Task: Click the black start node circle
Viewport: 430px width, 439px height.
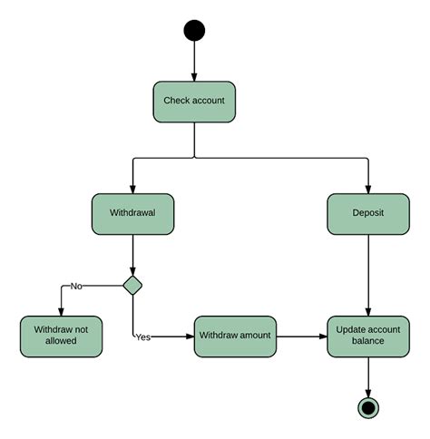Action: (194, 31)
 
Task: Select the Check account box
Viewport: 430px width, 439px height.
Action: (194, 102)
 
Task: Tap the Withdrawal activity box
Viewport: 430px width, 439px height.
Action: (132, 214)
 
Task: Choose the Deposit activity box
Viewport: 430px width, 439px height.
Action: (367, 214)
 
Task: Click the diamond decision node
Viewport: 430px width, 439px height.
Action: (133, 286)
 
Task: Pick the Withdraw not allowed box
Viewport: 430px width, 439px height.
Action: (61, 336)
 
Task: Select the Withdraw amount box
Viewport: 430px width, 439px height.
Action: (235, 336)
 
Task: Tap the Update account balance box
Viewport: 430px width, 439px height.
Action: (367, 336)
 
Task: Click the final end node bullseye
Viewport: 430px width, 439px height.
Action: (367, 407)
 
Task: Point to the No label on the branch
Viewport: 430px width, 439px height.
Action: (76, 286)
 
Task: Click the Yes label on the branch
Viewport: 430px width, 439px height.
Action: (142, 337)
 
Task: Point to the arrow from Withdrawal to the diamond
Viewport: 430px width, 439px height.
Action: (133, 254)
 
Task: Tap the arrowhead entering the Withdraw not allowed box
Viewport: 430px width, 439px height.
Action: (61, 310)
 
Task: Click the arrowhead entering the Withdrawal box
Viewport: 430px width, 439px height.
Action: (133, 188)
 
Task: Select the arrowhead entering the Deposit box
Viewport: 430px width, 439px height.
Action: (367, 188)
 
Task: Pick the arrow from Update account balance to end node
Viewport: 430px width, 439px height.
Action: (367, 376)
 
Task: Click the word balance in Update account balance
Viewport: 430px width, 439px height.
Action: (367, 342)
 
